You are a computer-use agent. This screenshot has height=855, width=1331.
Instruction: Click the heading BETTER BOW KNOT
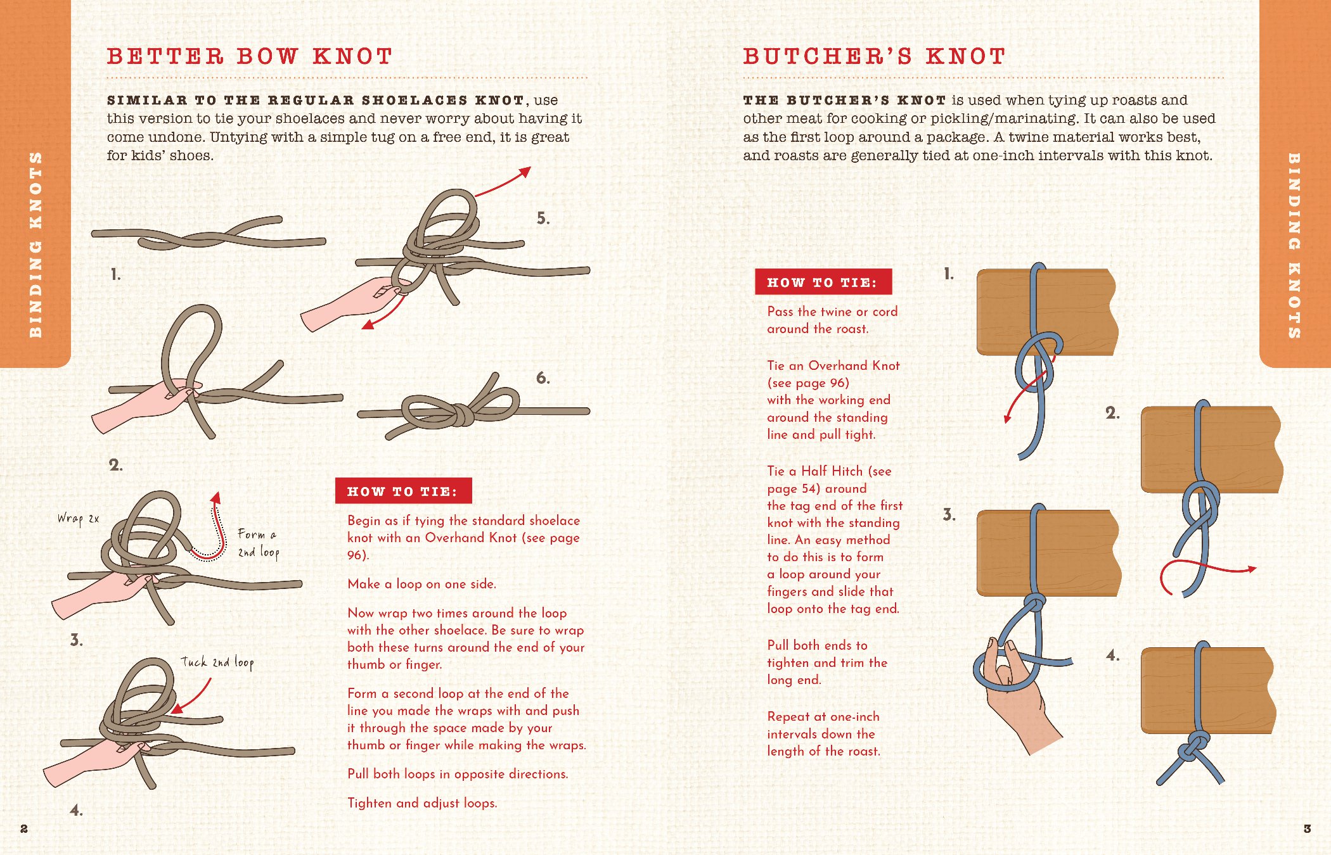[x=250, y=56]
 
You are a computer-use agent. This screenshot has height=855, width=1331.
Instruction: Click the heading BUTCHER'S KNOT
[x=874, y=56]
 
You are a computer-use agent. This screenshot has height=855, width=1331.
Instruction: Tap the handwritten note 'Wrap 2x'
[x=78, y=519]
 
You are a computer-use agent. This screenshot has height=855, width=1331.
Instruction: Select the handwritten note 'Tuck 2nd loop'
[x=217, y=662]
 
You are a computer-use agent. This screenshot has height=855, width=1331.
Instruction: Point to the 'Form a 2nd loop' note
[x=258, y=543]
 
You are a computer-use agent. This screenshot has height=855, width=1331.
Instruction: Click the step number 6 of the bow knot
[x=543, y=378]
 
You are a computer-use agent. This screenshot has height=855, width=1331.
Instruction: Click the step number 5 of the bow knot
[x=543, y=218]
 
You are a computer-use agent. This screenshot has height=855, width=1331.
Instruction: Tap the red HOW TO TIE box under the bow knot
[x=403, y=491]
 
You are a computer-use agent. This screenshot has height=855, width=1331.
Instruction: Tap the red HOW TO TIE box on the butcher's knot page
[x=823, y=282]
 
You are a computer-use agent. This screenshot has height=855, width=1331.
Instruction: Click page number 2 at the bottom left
[x=24, y=828]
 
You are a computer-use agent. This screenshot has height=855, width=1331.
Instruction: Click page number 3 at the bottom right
[x=1307, y=828]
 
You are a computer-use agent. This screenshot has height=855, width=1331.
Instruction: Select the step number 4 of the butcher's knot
[x=1112, y=655]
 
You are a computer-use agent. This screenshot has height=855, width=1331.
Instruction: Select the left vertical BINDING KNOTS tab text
[x=35, y=244]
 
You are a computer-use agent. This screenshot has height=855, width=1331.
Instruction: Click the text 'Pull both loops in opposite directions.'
[x=457, y=774]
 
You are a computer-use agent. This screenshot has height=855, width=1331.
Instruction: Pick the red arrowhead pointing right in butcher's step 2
[x=1251, y=569]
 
